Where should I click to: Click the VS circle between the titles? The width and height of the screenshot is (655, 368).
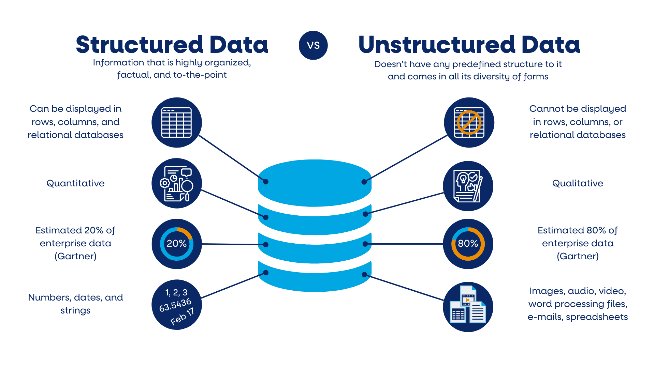(x=313, y=45)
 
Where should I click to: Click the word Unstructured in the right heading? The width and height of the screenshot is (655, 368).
(x=437, y=45)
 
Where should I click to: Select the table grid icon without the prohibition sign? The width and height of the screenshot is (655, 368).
(x=176, y=123)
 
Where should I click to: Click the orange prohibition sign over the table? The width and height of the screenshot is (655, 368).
(x=469, y=123)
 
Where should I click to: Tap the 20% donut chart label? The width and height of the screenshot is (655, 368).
(x=176, y=244)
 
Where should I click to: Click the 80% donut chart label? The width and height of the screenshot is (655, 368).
(x=468, y=244)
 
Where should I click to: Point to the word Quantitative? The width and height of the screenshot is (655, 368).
(x=75, y=183)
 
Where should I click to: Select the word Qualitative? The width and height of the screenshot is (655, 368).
(x=578, y=183)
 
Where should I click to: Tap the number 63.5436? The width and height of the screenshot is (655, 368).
(x=175, y=305)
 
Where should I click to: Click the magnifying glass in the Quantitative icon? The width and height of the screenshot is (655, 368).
(x=187, y=186)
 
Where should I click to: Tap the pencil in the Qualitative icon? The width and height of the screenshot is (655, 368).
(x=478, y=189)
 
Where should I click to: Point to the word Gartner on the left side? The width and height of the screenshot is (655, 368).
(x=75, y=256)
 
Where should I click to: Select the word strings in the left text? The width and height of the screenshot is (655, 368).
(x=75, y=310)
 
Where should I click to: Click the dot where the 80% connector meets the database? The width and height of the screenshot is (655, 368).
(x=365, y=244)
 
